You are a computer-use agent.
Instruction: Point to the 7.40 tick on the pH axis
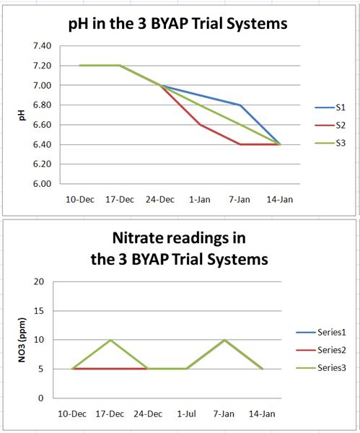pyautogui.click(x=41, y=46)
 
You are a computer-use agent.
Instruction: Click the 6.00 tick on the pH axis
pyautogui.click(x=41, y=184)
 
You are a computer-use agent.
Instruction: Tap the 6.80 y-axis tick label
pyautogui.click(x=41, y=105)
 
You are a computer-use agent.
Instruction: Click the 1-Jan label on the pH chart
pyautogui.click(x=200, y=199)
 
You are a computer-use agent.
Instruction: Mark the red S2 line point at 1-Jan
pyautogui.click(x=200, y=124)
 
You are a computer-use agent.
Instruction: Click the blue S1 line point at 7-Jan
pyautogui.click(x=240, y=105)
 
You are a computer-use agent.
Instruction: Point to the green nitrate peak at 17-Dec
pyautogui.click(x=111, y=340)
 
